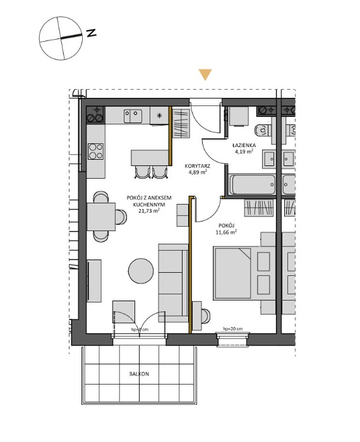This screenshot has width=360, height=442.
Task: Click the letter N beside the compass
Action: point(92,33)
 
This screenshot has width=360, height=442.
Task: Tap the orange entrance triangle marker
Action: point(204,75)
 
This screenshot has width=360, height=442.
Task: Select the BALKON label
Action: point(139,374)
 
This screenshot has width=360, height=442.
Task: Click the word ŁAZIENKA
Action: point(243,145)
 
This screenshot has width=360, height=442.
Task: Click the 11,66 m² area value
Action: point(226,232)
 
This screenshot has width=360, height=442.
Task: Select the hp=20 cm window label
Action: point(233,329)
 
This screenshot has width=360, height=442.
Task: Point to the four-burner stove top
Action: point(96,152)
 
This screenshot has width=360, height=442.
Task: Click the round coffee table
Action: point(140,271)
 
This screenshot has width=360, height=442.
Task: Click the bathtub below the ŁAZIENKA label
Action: point(253,184)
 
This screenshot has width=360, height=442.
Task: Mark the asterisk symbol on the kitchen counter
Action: point(159,116)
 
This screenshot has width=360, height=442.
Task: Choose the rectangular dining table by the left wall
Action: point(101,217)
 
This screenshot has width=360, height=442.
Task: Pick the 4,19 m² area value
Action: point(243,152)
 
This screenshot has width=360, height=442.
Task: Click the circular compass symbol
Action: point(59,38)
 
